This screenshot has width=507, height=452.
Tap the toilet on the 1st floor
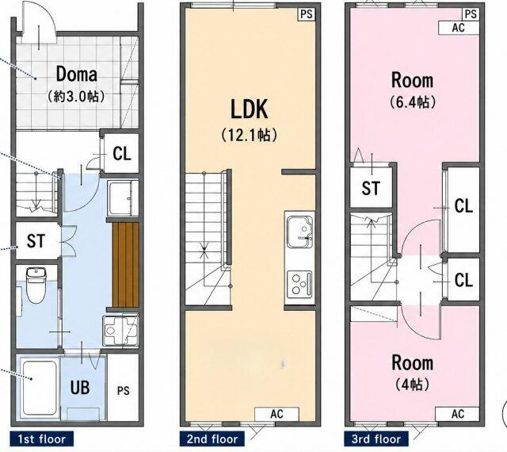pos(36,285)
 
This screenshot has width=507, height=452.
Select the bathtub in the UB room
pos(39,387)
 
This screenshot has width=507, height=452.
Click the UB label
pos(80,387)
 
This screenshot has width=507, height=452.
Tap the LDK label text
pos(249,109)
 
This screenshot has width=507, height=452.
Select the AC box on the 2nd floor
pos(276,414)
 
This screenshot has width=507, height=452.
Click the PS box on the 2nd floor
pos(307,14)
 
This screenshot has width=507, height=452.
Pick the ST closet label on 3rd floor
pos(371,188)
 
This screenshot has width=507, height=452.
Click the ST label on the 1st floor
pos(36,241)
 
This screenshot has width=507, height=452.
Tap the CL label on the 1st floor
pos(122,154)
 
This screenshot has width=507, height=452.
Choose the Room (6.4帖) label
pos(412,90)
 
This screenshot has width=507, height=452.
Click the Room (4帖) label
pos(412,373)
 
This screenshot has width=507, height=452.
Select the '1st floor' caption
pos(42,439)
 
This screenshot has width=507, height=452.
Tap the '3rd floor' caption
pos(376,439)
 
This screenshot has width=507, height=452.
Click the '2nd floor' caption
pos(212,439)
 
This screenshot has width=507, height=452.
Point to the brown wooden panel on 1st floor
pos(125,265)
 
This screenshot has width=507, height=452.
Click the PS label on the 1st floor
pos(124,391)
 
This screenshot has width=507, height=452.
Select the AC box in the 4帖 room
pos(458,414)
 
